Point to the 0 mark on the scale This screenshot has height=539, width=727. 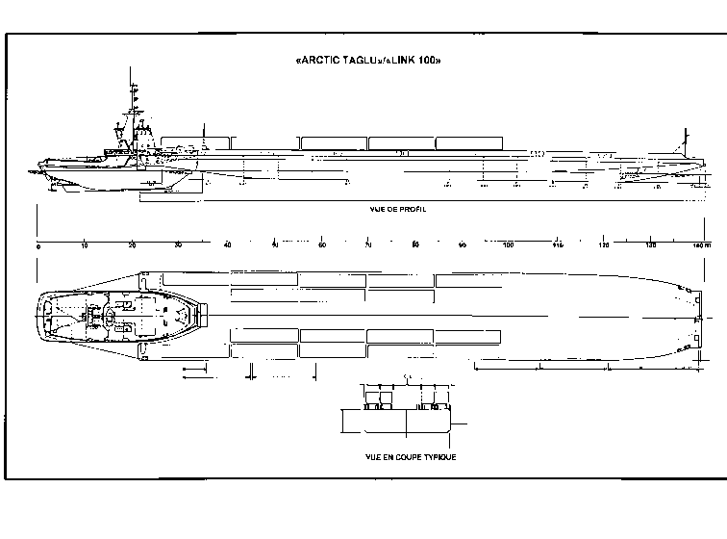tap(38, 246)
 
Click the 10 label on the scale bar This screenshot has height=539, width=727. tap(85, 246)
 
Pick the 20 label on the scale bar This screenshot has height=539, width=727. tap(132, 246)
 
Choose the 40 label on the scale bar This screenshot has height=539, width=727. tap(227, 246)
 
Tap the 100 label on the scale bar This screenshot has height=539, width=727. tap(510, 246)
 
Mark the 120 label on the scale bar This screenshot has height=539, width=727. tap(604, 246)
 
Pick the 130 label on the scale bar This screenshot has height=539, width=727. tap(651, 246)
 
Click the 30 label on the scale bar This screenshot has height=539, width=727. tap(179, 246)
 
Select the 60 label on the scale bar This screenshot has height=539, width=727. tap(321, 246)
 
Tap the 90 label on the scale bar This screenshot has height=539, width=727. tap(463, 246)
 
